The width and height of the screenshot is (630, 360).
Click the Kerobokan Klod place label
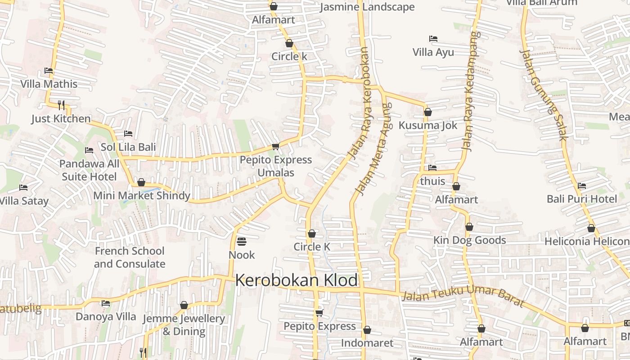(296, 280)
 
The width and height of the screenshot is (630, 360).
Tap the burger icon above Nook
(242, 242)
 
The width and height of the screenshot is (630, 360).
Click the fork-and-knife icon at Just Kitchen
(61, 105)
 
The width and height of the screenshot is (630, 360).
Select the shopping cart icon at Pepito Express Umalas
(275, 146)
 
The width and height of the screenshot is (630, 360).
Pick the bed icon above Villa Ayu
(433, 39)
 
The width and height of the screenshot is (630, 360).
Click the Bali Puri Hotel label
(582, 199)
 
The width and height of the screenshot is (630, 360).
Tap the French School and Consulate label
(130, 257)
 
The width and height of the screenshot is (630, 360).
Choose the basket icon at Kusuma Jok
(428, 112)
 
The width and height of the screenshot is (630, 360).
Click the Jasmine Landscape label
(367, 7)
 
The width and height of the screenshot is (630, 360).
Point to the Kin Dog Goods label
(469, 240)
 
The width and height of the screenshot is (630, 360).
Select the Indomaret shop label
(367, 343)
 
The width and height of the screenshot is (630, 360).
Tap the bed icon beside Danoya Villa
(106, 303)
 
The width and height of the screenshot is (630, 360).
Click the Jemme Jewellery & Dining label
(184, 325)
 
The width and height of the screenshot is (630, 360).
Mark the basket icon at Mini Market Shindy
(141, 182)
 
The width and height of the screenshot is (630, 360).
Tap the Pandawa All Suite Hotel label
(89, 170)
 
